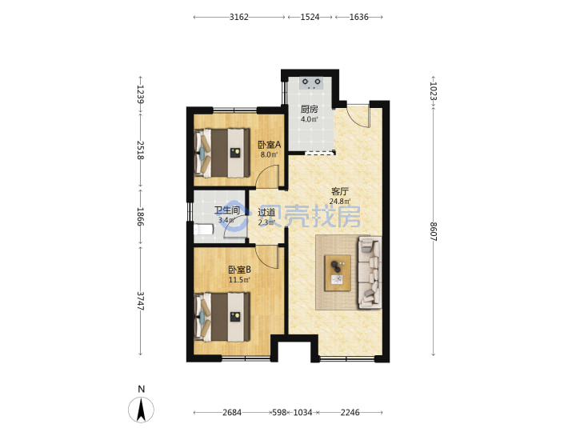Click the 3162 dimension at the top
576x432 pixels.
[x=239, y=17]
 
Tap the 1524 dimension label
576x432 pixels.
[x=310, y=17]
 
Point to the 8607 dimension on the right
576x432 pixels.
[x=434, y=231]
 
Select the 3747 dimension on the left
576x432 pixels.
[x=140, y=301]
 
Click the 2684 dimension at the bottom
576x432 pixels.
[x=232, y=413]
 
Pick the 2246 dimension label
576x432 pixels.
[x=350, y=413]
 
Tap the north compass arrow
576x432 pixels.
[x=141, y=410]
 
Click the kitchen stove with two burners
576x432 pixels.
[x=311, y=83]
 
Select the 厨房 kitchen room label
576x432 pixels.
[x=310, y=109]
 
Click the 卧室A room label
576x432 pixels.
[x=270, y=145]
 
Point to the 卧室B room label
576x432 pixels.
[x=239, y=270]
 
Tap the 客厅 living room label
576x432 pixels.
[x=340, y=191]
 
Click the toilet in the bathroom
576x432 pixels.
[x=203, y=230]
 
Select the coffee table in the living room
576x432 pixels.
[x=338, y=274]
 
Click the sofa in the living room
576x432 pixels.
[x=370, y=272]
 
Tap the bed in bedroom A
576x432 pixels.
[x=222, y=153]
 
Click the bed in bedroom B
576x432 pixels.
[x=222, y=317]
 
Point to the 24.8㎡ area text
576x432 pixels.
[x=340, y=202]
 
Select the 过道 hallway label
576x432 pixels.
[x=266, y=212]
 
